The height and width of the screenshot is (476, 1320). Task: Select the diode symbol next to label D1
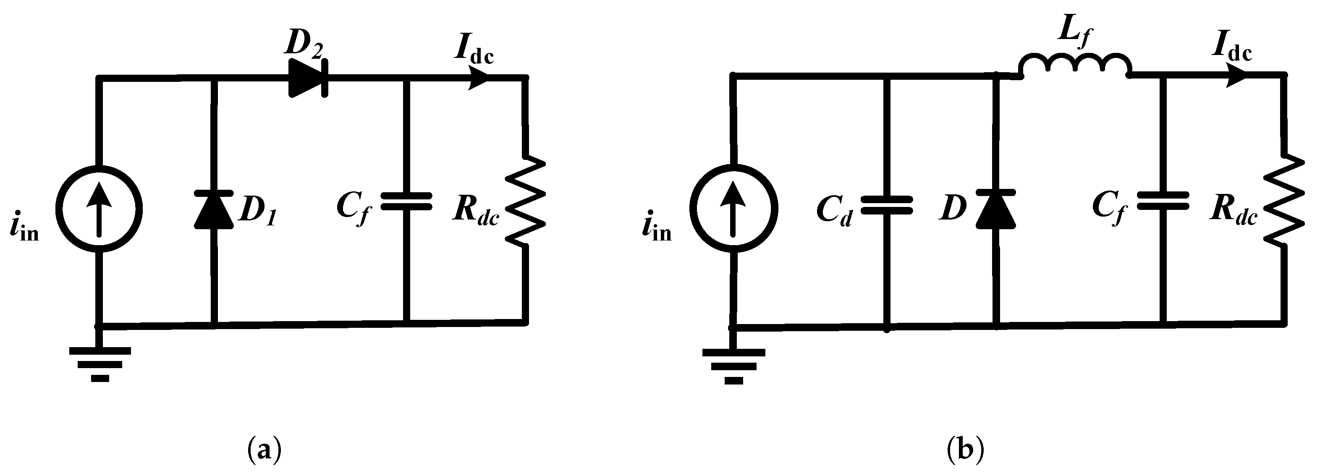214,209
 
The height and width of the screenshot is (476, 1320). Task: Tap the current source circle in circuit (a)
99,209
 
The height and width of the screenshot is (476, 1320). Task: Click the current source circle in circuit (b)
733,208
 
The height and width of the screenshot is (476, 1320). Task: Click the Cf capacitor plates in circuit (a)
406,201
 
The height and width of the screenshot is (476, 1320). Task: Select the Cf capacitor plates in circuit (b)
1163,201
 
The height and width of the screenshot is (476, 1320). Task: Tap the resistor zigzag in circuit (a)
525,201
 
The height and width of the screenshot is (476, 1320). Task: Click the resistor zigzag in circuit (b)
1283,201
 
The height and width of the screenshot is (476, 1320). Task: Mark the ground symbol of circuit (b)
734,366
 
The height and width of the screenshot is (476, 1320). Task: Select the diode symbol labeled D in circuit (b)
995,209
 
